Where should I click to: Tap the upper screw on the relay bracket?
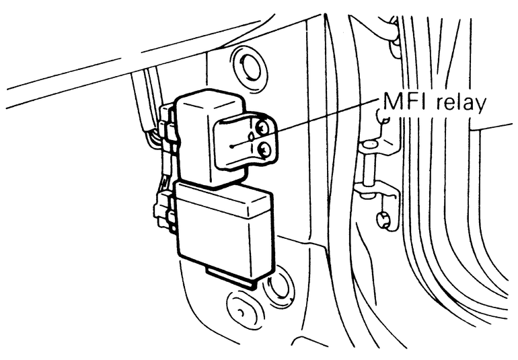[263, 125]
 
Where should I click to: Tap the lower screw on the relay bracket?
[264, 151]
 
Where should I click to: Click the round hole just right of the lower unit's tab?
[276, 285]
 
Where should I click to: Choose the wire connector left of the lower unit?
[165, 208]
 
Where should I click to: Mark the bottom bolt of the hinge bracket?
[381, 219]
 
